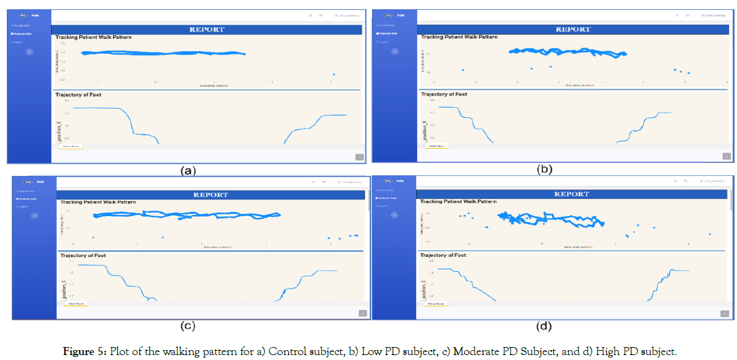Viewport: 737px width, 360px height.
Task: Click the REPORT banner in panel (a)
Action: pos(206,29)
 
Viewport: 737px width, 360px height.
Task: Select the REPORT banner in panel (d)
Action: pos(572,194)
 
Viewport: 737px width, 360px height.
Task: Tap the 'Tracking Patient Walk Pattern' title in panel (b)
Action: pos(459,37)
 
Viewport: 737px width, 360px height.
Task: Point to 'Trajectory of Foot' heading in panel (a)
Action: pos(78,95)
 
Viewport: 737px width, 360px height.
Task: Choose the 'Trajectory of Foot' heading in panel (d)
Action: pos(443,255)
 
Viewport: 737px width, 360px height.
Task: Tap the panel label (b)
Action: pos(544,169)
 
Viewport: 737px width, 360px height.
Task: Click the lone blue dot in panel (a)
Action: pos(333,75)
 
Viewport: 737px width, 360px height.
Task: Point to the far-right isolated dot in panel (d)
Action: pos(710,234)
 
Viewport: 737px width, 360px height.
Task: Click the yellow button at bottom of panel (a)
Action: pos(71,147)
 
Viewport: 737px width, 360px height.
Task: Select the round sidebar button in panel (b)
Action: pos(395,51)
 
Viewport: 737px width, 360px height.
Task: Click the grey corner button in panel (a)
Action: pos(359,157)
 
